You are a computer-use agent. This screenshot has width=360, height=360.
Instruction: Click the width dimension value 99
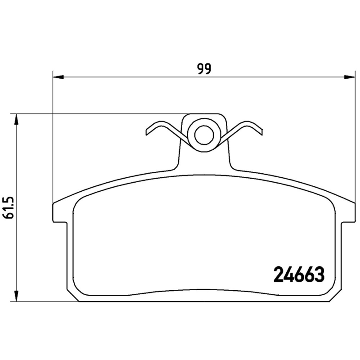point(204,69)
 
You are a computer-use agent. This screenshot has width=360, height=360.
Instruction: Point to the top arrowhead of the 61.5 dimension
point(17,120)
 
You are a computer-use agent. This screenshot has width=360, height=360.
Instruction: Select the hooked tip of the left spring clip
point(148,131)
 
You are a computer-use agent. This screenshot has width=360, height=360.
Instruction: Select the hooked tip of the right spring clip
point(259,131)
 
